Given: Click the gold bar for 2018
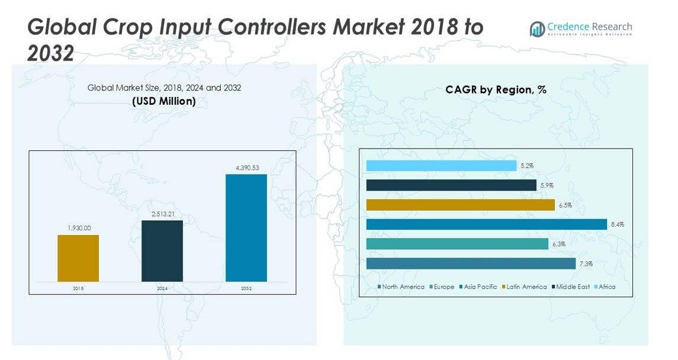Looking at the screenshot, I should click(78, 258).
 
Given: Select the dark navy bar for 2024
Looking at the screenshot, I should click(162, 251).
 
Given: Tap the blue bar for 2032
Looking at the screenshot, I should click(246, 228).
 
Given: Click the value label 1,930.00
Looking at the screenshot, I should click(78, 228).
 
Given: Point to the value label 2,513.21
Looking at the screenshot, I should click(162, 214).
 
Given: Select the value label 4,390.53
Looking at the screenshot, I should click(247, 168).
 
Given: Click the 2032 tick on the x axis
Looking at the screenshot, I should click(246, 288).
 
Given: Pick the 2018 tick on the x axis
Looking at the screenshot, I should click(78, 288).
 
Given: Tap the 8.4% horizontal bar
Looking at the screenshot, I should click(487, 224).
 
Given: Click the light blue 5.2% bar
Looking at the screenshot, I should click(441, 166).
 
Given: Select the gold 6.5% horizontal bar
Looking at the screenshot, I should click(461, 205).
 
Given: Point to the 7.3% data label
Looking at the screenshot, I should click(586, 263).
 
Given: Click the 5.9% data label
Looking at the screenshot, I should click(547, 185).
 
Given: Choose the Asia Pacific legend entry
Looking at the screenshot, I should click(478, 287).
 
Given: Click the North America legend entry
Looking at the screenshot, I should click(401, 287).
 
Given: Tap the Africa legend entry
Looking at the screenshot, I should click(604, 287).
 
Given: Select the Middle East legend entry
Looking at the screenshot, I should click(570, 287).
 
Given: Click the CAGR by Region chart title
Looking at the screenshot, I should click(496, 89).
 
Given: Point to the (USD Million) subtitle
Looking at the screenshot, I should click(164, 101).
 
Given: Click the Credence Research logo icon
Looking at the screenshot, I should click(537, 29).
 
